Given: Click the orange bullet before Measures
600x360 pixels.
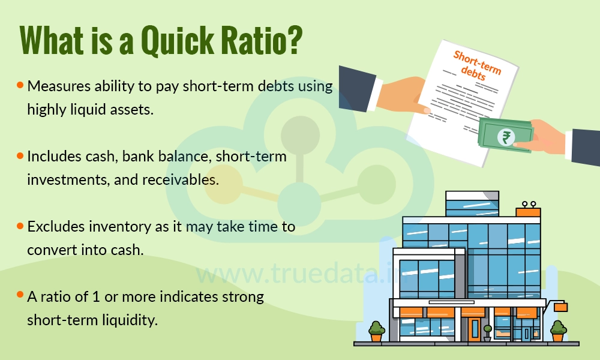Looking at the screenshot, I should (x=20, y=85).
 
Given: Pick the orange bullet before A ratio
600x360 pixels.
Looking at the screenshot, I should (x=20, y=295).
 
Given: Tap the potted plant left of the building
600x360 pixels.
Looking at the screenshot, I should (x=376, y=331).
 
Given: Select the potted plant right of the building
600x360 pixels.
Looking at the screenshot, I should (x=559, y=331).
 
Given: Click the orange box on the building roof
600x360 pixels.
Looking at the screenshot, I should (x=528, y=212).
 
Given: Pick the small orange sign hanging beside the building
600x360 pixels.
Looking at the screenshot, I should (x=560, y=307).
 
